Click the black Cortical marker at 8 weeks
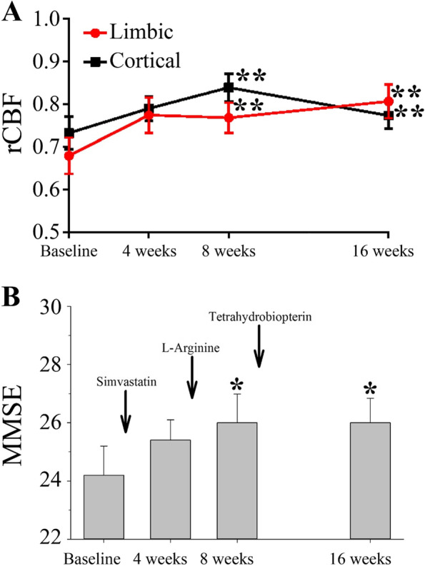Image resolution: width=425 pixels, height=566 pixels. click(229, 88)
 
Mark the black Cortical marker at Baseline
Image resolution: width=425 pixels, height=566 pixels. click(68, 133)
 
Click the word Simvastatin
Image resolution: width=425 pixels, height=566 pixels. click(125, 382)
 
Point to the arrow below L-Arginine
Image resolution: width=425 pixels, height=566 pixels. click(191, 378)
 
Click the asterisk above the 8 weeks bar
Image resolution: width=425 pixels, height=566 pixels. click(237, 386)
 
